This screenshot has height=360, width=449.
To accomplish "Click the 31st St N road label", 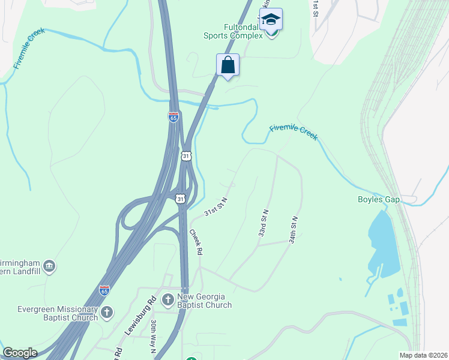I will (x=216, y=206).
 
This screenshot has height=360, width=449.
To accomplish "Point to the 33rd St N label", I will (x=264, y=223).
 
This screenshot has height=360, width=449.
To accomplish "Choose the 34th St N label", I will (x=293, y=230).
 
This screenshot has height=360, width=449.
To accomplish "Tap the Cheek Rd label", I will (x=196, y=242).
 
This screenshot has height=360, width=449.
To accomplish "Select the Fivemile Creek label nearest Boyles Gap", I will (x=294, y=132).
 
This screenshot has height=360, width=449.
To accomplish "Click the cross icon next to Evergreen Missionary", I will (x=107, y=311).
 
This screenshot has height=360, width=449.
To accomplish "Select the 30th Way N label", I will (x=154, y=332).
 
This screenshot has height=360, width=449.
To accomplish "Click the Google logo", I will (x=20, y=353).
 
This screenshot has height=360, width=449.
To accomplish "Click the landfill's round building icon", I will (x=49, y=265).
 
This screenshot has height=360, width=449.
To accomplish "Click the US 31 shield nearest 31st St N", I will (x=181, y=198).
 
